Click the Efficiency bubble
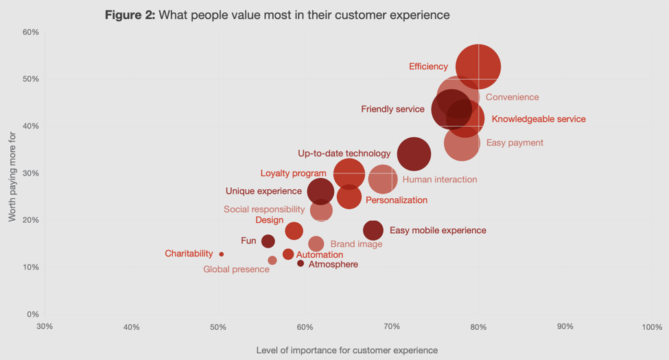coord(478,67)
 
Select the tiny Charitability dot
coord(221,254)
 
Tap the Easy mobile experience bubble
coord(373,230)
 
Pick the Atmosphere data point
coord(301,264)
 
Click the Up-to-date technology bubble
coord(414,154)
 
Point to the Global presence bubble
coord(272,261)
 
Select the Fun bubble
coord(268,241)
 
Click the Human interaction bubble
coord(382,180)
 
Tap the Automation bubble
coord(288,254)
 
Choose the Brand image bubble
coord(316,243)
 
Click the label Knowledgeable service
coord(539,119)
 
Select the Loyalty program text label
coord(293,173)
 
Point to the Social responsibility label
coord(264,209)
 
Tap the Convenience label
coord(512,97)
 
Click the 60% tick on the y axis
coord(30,32)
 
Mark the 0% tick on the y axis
coord(32,315)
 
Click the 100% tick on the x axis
coord(652,327)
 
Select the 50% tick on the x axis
coord(218,327)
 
